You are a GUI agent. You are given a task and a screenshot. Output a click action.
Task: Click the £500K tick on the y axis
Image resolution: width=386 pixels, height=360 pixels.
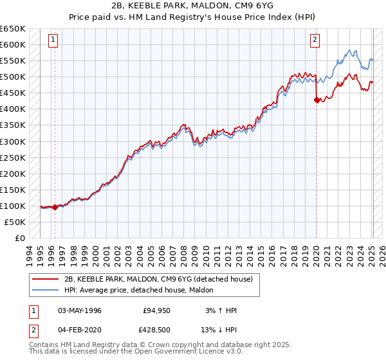coord(13,77)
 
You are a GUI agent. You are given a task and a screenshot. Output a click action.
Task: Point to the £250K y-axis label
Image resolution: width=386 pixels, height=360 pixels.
coord(13,157)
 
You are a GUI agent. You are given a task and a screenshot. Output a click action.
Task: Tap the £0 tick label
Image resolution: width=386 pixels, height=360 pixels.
coord(19,238)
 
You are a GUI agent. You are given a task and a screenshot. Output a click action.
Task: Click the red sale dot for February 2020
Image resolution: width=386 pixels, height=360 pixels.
coord(317,100)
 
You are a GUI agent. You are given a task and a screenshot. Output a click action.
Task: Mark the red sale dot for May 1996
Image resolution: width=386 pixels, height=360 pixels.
coord(55,207)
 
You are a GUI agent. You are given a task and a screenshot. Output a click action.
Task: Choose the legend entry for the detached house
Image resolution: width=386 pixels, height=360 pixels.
coord(161,279)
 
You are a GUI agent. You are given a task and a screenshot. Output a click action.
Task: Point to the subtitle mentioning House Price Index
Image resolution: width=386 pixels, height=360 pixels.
coord(194,17)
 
